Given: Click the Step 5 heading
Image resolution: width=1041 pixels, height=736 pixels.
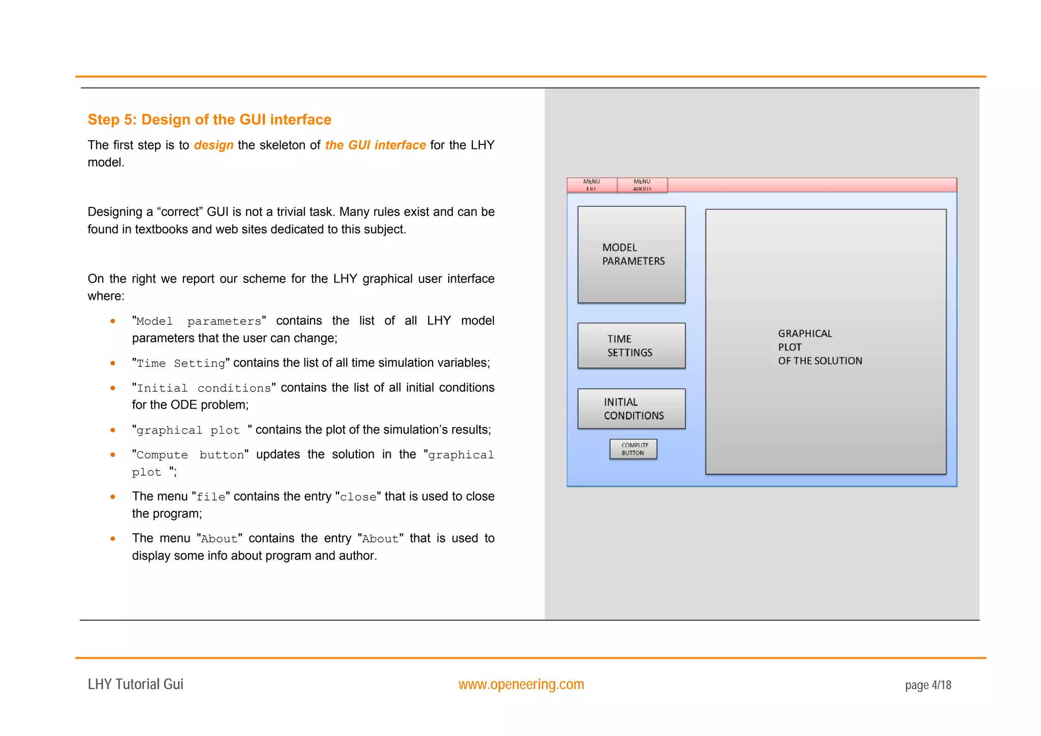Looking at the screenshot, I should [209, 119].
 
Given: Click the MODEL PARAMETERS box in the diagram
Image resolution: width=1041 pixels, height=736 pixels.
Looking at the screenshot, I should [631, 254].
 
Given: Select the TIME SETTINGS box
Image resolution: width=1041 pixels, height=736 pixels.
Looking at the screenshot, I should [631, 346].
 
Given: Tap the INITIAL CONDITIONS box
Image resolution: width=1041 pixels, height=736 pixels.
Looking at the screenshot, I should [631, 409].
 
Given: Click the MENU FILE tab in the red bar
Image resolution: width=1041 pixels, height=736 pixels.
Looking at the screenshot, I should [592, 185].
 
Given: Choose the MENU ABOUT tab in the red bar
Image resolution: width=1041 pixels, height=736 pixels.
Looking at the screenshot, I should [642, 185].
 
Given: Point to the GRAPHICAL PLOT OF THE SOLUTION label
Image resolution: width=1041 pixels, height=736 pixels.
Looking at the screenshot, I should [819, 347].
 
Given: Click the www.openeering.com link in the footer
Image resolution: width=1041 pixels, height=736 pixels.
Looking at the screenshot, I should [521, 684].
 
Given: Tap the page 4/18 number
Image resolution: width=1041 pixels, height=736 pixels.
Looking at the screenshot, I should [928, 685].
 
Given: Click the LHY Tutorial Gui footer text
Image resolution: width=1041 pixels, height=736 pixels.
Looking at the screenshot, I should [135, 684].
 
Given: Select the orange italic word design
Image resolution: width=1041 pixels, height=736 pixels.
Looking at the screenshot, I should [213, 145].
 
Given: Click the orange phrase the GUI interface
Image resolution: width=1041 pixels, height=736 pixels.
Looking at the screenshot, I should [375, 145].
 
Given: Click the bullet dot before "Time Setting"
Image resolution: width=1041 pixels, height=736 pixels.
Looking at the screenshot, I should [113, 363].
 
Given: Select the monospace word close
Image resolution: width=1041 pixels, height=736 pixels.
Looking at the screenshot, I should [358, 497].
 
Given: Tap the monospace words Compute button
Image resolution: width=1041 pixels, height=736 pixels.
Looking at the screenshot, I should [190, 455].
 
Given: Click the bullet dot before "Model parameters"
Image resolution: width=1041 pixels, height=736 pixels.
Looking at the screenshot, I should [113, 321].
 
